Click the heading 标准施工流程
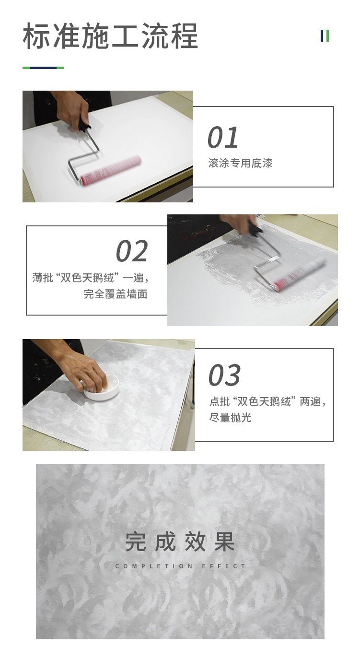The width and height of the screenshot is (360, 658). tap(110, 36)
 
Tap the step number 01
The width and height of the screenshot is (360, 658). tap(223, 137)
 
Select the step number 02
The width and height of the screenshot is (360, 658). tap(132, 251)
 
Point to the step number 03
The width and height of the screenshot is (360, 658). tap(224, 375)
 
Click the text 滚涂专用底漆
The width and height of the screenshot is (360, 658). tap(240, 164)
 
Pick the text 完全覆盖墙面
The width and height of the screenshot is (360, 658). tap(116, 294)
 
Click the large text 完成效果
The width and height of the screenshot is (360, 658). tap(180, 541)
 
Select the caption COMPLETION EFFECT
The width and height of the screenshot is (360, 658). tap(180, 566)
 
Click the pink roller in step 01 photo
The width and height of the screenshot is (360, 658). tap(111, 171)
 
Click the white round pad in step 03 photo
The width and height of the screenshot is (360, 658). tap(101, 388)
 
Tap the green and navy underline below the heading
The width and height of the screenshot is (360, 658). tap(43, 68)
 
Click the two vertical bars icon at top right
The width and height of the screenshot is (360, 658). tap(325, 36)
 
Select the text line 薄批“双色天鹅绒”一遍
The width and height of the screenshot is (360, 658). tap(91, 278)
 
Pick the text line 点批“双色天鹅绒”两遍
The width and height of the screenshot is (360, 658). tap(267, 402)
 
